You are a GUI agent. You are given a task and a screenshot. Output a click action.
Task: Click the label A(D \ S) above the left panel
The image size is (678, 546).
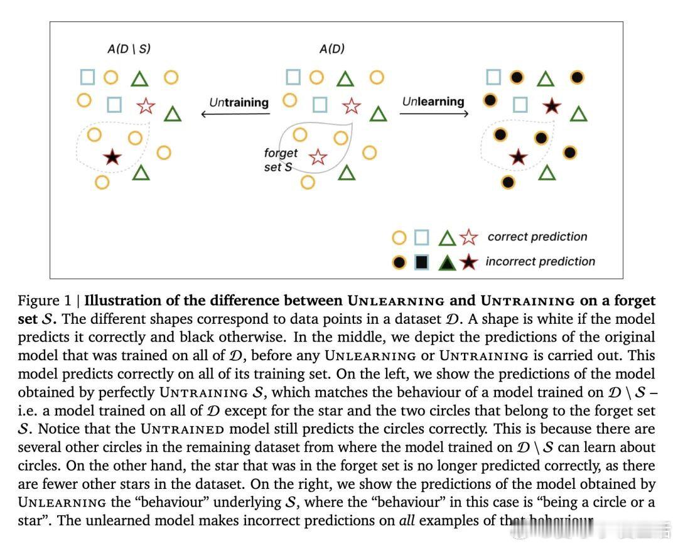pyautogui.click(x=129, y=49)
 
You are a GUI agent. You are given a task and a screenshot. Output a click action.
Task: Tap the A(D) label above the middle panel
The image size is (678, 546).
pyautogui.click(x=331, y=49)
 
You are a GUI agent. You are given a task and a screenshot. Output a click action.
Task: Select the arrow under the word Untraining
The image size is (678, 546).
pyautogui.click(x=235, y=114)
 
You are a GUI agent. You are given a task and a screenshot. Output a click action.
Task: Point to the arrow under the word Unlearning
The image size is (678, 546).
pyautogui.click(x=434, y=114)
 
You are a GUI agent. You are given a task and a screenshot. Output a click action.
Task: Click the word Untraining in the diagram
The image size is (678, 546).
pyautogui.click(x=239, y=102)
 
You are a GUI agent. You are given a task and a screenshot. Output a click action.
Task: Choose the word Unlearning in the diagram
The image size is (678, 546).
pyautogui.click(x=433, y=101)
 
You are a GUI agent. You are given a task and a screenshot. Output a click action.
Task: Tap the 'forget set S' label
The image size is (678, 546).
pyautogui.click(x=280, y=160)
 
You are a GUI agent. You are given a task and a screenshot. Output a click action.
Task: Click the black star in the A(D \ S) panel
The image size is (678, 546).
pyautogui.click(x=112, y=156)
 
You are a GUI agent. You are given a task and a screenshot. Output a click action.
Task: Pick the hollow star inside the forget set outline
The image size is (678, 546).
pyautogui.click(x=318, y=157)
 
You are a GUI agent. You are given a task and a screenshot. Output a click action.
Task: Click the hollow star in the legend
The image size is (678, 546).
pyautogui.click(x=468, y=237)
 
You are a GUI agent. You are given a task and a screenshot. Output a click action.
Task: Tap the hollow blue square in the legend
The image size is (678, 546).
pyautogui.click(x=422, y=237)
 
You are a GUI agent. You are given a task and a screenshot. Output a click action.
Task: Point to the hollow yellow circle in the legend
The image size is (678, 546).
pyautogui.click(x=399, y=238)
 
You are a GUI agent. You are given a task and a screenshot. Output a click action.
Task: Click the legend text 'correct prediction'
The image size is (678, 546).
pyautogui.click(x=537, y=237)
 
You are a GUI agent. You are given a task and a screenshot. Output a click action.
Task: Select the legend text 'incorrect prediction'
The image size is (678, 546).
pyautogui.click(x=540, y=261)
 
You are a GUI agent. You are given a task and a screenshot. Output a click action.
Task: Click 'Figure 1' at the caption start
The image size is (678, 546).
pyautogui.click(x=44, y=300)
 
